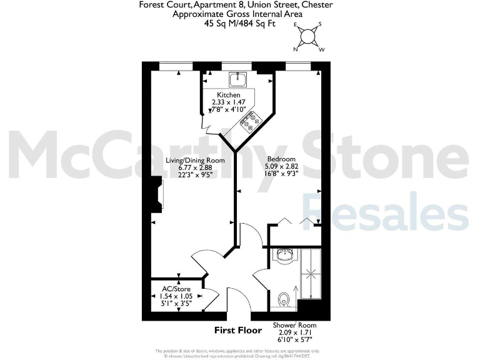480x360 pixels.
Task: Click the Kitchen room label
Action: point(228,95)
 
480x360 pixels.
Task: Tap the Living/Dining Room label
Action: point(195,160)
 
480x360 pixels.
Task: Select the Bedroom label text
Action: point(281,159)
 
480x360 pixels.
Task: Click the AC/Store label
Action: point(176,288)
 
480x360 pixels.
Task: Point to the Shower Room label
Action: point(294,325)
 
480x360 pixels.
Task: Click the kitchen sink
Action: point(238,80)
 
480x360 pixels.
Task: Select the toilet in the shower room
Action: point(284,299)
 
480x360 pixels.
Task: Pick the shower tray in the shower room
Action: point(309,274)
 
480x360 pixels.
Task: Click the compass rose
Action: point(307,36)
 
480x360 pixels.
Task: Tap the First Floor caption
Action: point(237,330)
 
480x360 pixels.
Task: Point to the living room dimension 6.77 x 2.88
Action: point(195,167)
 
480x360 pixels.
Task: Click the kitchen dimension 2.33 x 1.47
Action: point(228,102)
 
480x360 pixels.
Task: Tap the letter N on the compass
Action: point(296,47)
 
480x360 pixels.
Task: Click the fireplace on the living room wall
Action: point(156,194)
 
